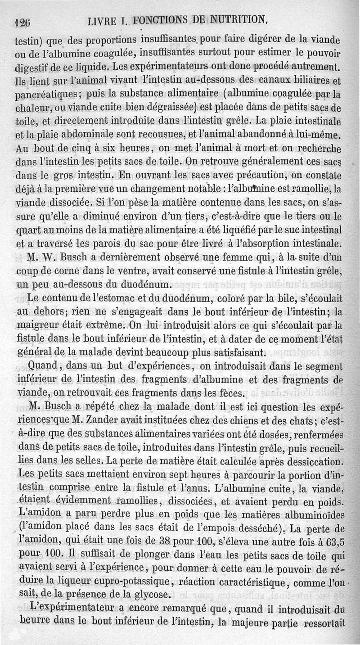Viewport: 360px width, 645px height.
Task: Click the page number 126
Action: (22, 21)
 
